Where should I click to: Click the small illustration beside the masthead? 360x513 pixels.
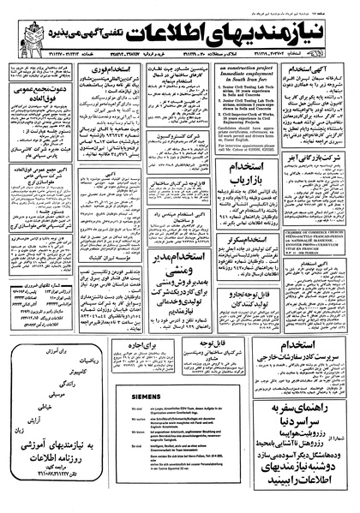point(35,32)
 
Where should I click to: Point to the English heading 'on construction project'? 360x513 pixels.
point(244,68)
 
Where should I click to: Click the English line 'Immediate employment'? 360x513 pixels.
point(244,75)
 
